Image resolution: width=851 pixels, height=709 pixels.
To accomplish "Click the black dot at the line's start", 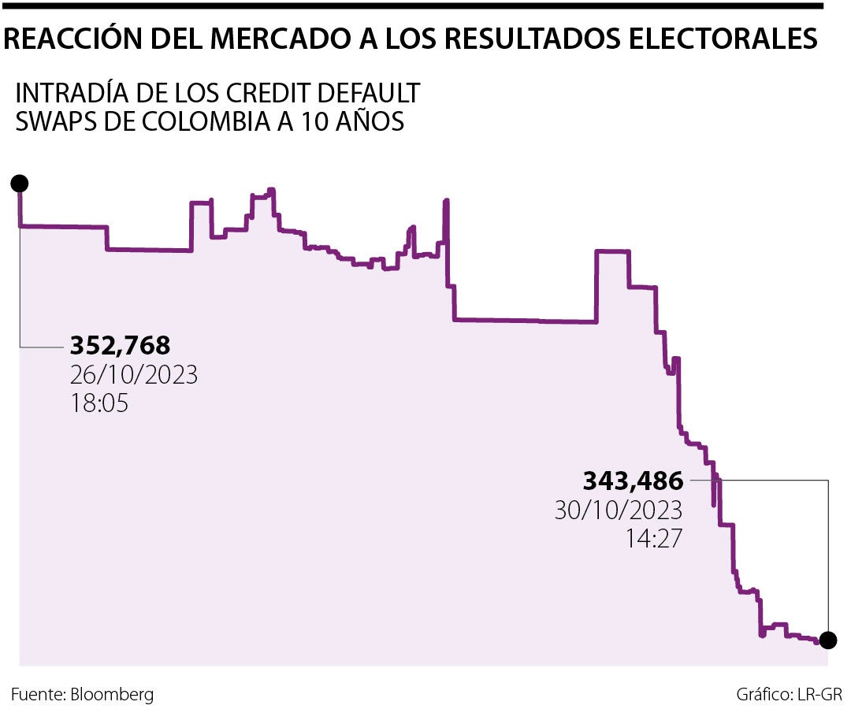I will (x=20, y=184).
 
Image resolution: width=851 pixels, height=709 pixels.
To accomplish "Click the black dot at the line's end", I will (x=827, y=640).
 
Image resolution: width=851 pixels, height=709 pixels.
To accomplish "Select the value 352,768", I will (x=120, y=346).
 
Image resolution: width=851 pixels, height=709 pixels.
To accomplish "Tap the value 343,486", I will (x=633, y=480).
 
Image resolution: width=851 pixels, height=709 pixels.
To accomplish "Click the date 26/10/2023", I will (x=134, y=374).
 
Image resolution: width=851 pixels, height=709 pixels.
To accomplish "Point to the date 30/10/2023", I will (x=618, y=510).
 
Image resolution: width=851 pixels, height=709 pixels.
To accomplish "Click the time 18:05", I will (x=98, y=403).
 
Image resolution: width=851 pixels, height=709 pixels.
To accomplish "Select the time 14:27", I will (x=653, y=538).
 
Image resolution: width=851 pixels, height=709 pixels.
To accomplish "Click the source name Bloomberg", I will (x=112, y=695).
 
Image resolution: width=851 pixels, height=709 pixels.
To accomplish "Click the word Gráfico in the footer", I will (x=764, y=695).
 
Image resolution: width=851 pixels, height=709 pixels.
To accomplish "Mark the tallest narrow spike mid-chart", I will (x=447, y=203).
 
